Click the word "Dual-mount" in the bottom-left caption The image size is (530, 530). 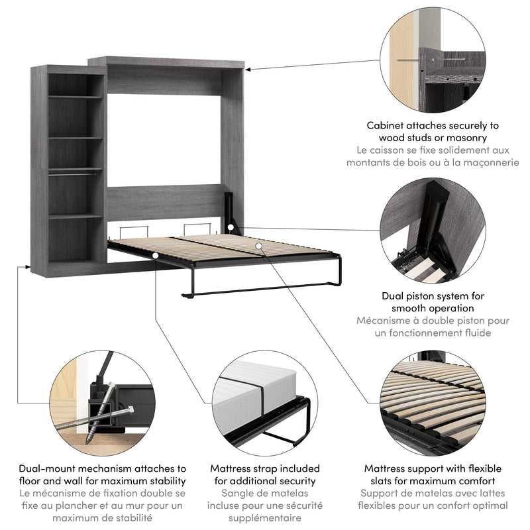pyautogui.click(x=47, y=468)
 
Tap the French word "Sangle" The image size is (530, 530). pyautogui.click(x=238, y=493)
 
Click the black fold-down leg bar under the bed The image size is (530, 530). pyautogui.click(x=258, y=286)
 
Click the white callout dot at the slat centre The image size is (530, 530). pyautogui.click(x=258, y=246)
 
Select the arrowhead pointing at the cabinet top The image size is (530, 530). pyautogui.click(x=250, y=67)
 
